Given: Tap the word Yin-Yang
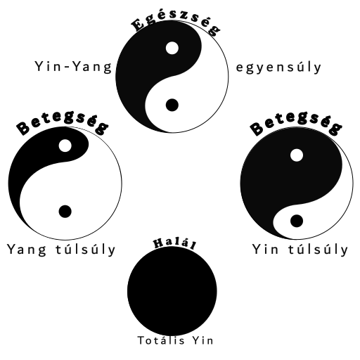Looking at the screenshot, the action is click(x=73, y=67).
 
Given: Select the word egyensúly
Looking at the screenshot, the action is click(x=278, y=67).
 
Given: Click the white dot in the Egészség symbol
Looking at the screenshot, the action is click(x=172, y=48).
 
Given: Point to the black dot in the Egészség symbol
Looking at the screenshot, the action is click(x=172, y=105).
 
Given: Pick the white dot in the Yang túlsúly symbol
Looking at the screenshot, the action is click(x=65, y=146).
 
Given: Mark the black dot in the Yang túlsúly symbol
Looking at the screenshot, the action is click(x=65, y=212).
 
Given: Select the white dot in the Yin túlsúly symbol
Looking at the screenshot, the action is click(x=297, y=155).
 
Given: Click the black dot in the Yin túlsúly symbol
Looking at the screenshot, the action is click(x=297, y=221).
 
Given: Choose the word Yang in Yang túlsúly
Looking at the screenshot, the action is click(x=27, y=250).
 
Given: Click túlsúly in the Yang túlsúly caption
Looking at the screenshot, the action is click(x=86, y=250).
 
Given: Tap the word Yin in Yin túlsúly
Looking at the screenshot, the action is click(x=265, y=249).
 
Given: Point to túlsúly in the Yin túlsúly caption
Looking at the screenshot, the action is click(x=318, y=250).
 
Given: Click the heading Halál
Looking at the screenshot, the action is click(x=174, y=244).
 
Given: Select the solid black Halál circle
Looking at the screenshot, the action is click(x=172, y=291).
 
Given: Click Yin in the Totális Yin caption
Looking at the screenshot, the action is click(x=203, y=340).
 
